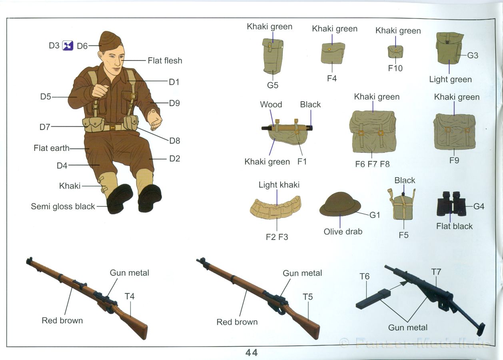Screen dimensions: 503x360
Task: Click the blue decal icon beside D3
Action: (x=68, y=46)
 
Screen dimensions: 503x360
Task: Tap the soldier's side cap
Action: (x=110, y=41)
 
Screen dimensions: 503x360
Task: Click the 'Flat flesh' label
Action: (x=165, y=61)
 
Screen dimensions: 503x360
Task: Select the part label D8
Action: (x=174, y=140)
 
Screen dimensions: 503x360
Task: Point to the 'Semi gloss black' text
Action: (x=63, y=206)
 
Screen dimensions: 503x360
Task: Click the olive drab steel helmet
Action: (x=340, y=204)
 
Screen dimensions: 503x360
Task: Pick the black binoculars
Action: (x=451, y=204)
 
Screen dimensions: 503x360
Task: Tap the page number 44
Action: (x=251, y=352)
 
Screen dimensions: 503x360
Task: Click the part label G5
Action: (x=273, y=85)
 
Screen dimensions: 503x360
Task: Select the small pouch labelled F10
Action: (x=395, y=52)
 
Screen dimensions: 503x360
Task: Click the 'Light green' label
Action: (x=451, y=79)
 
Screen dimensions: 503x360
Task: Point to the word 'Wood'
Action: (x=271, y=104)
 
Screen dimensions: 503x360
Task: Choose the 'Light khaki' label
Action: (x=279, y=185)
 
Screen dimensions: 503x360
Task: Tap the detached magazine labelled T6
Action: (x=373, y=299)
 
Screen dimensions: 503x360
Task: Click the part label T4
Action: (x=130, y=296)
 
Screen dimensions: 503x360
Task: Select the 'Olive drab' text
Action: (x=343, y=232)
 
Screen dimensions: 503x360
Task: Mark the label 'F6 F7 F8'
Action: (x=372, y=164)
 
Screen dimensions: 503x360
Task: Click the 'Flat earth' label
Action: (x=52, y=148)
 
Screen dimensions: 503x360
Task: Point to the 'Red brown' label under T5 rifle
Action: (x=237, y=322)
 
